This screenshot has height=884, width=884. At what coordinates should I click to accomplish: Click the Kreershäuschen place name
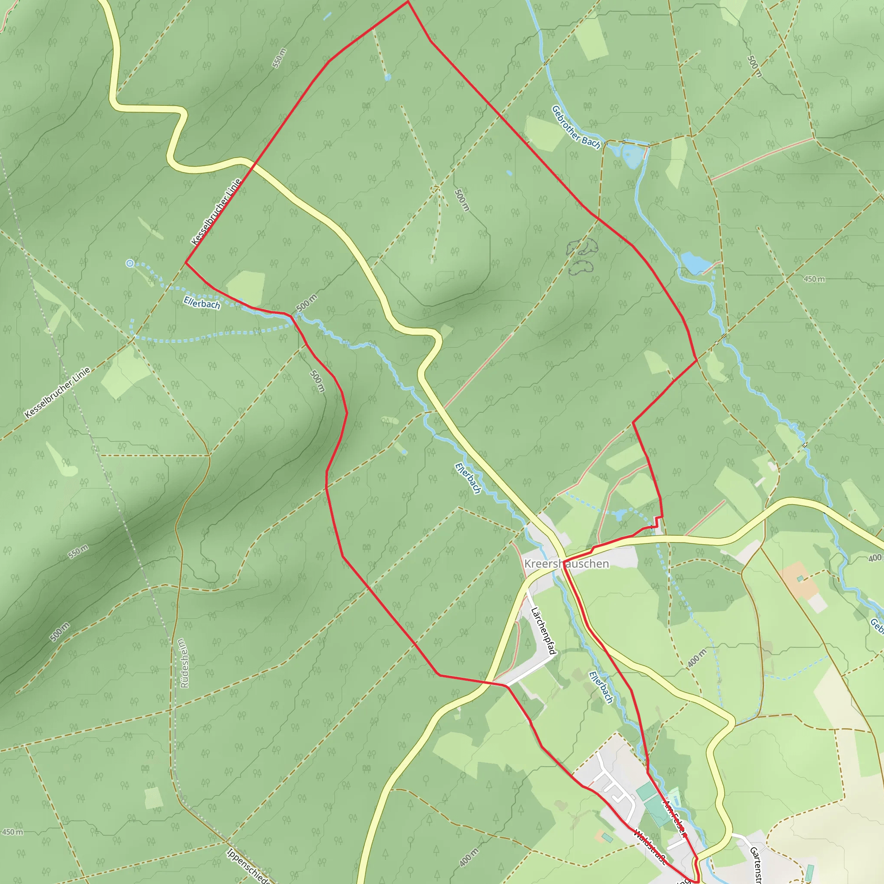pyautogui.click(x=566, y=564)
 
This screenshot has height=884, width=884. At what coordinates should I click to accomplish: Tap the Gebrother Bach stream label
pyautogui.click(x=576, y=127)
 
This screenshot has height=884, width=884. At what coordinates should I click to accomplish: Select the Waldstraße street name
pyautogui.click(x=650, y=846)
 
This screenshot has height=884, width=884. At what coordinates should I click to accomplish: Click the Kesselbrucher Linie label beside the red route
pyautogui.click(x=216, y=212)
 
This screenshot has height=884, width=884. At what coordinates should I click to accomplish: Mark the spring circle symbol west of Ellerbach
pyautogui.click(x=130, y=263)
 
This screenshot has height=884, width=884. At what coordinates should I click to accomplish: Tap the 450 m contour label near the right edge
pyautogui.click(x=815, y=279)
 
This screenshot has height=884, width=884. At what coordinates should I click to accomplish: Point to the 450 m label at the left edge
pyautogui.click(x=13, y=832)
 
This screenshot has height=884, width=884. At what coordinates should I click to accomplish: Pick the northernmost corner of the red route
pyautogui.click(x=407, y=2)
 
